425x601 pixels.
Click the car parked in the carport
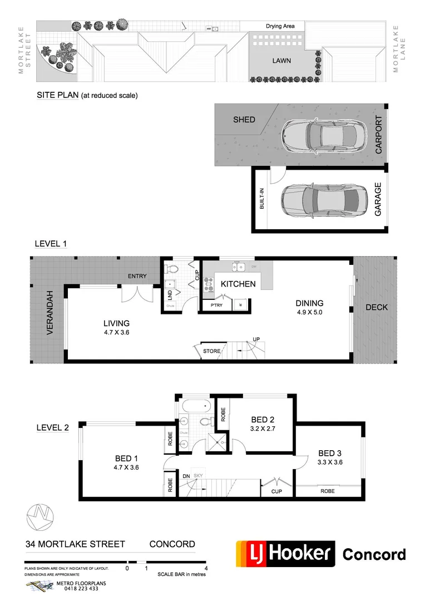(x=319, y=136)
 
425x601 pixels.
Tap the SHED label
(x=244, y=120)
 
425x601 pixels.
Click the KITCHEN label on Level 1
(x=238, y=284)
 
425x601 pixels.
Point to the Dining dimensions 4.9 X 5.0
(x=309, y=312)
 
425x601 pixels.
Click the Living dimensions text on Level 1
(x=116, y=332)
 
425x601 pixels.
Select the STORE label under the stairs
(x=211, y=351)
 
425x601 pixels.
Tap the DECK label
(x=377, y=307)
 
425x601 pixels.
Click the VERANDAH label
(x=50, y=312)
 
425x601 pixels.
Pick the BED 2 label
(x=263, y=420)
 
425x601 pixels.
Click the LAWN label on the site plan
(x=281, y=61)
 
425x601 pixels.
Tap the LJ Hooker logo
(x=285, y=554)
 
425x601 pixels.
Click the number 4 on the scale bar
(x=206, y=568)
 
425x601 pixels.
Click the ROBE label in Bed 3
(x=327, y=491)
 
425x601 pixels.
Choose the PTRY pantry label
(x=216, y=305)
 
